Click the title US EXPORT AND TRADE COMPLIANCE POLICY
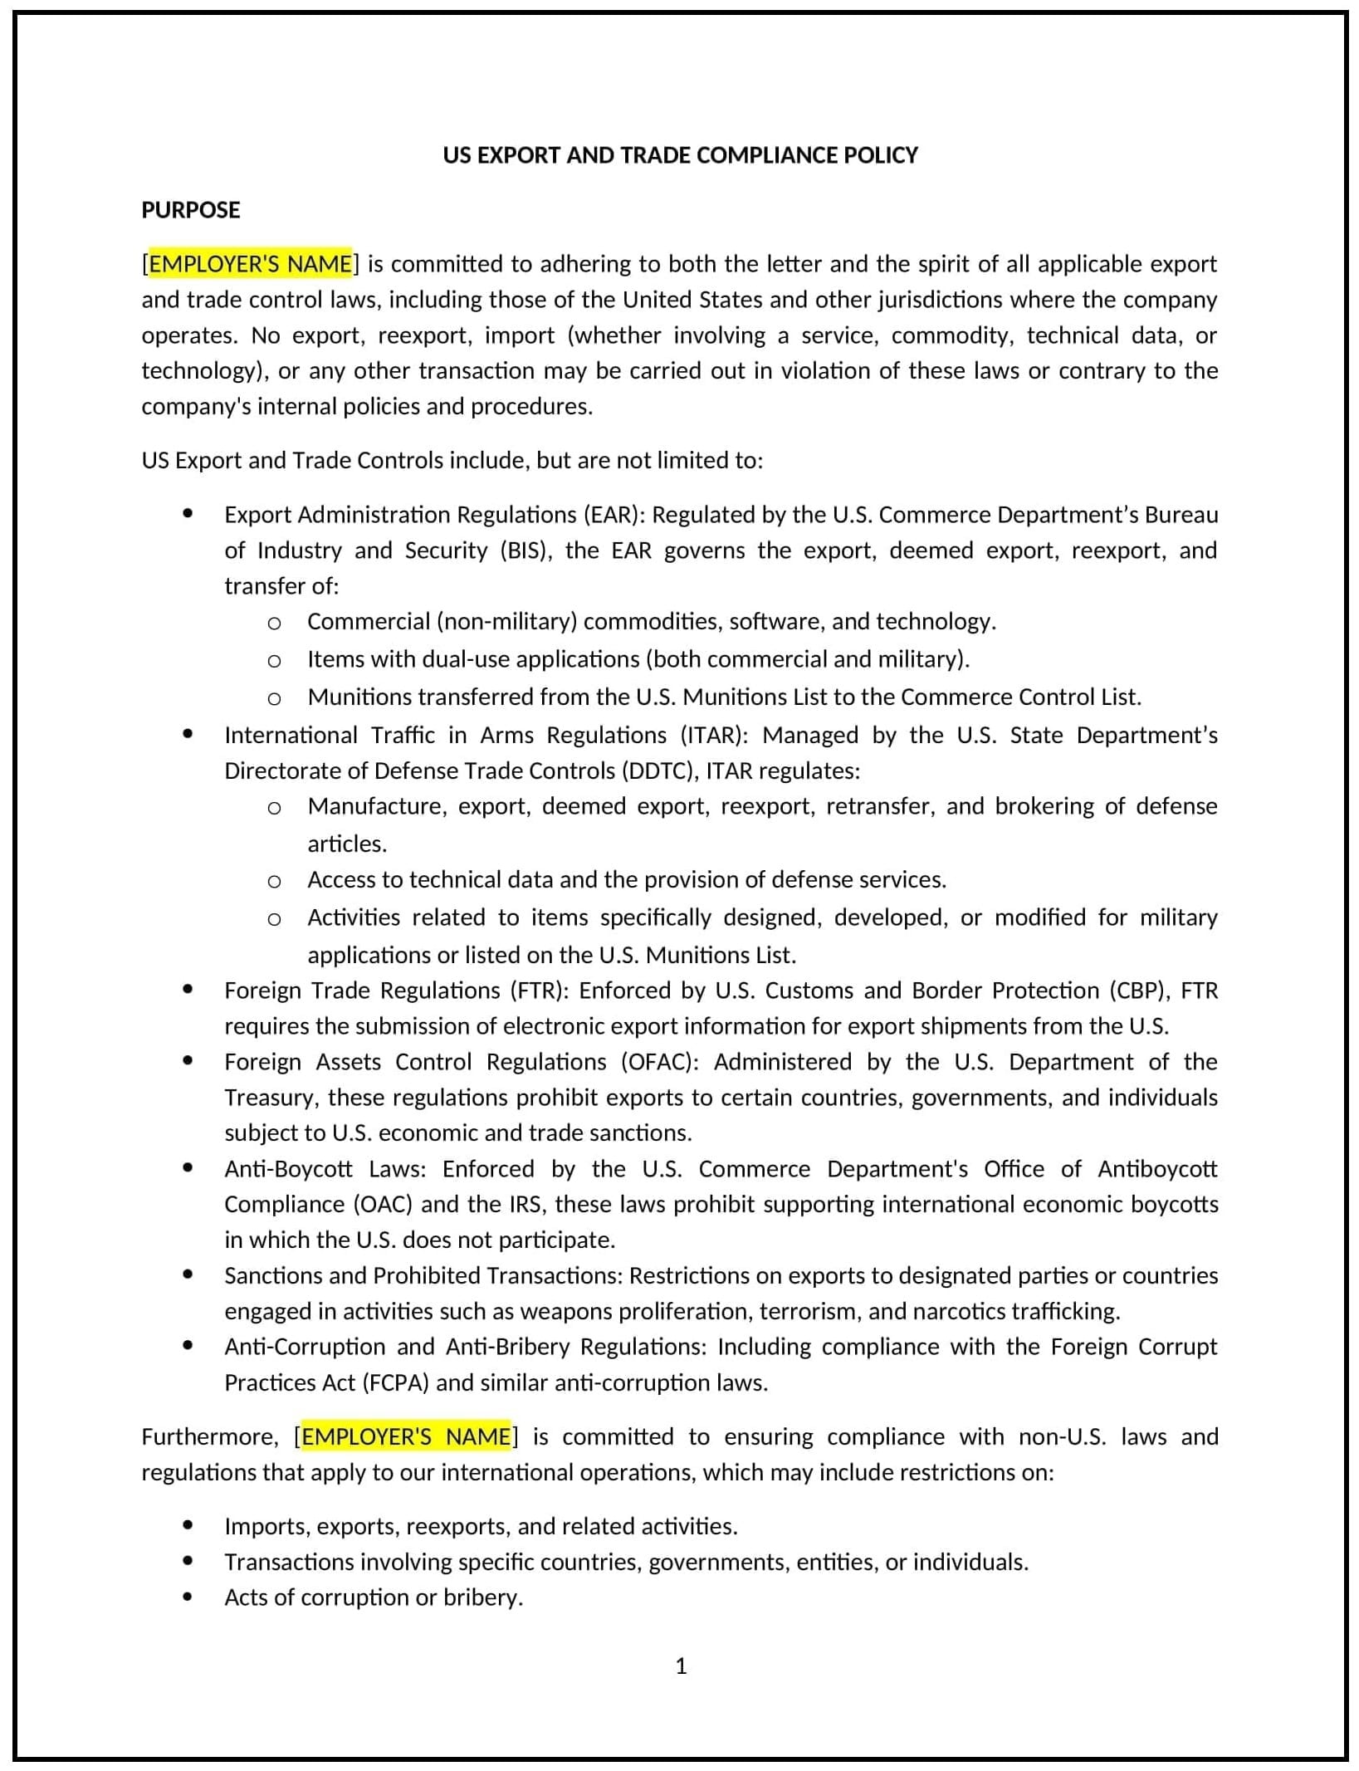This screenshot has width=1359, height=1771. pyautogui.click(x=680, y=155)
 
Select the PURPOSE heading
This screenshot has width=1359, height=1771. pyautogui.click(x=190, y=210)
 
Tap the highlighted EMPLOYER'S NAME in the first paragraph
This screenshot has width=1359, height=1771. pyautogui.click(x=250, y=264)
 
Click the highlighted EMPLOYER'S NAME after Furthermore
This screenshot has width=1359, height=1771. pyautogui.click(x=406, y=1437)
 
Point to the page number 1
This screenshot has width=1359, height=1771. pyautogui.click(x=681, y=1666)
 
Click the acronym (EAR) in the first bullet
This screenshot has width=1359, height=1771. pyautogui.click(x=614, y=515)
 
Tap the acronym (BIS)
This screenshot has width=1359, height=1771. pyautogui.click(x=526, y=550)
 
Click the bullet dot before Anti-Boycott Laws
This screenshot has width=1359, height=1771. pyautogui.click(x=188, y=1168)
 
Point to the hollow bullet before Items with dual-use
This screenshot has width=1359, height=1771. pyautogui.click(x=274, y=661)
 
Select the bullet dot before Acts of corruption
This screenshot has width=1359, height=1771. pyautogui.click(x=188, y=1597)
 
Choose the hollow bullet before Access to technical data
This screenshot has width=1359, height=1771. pyautogui.click(x=274, y=882)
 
